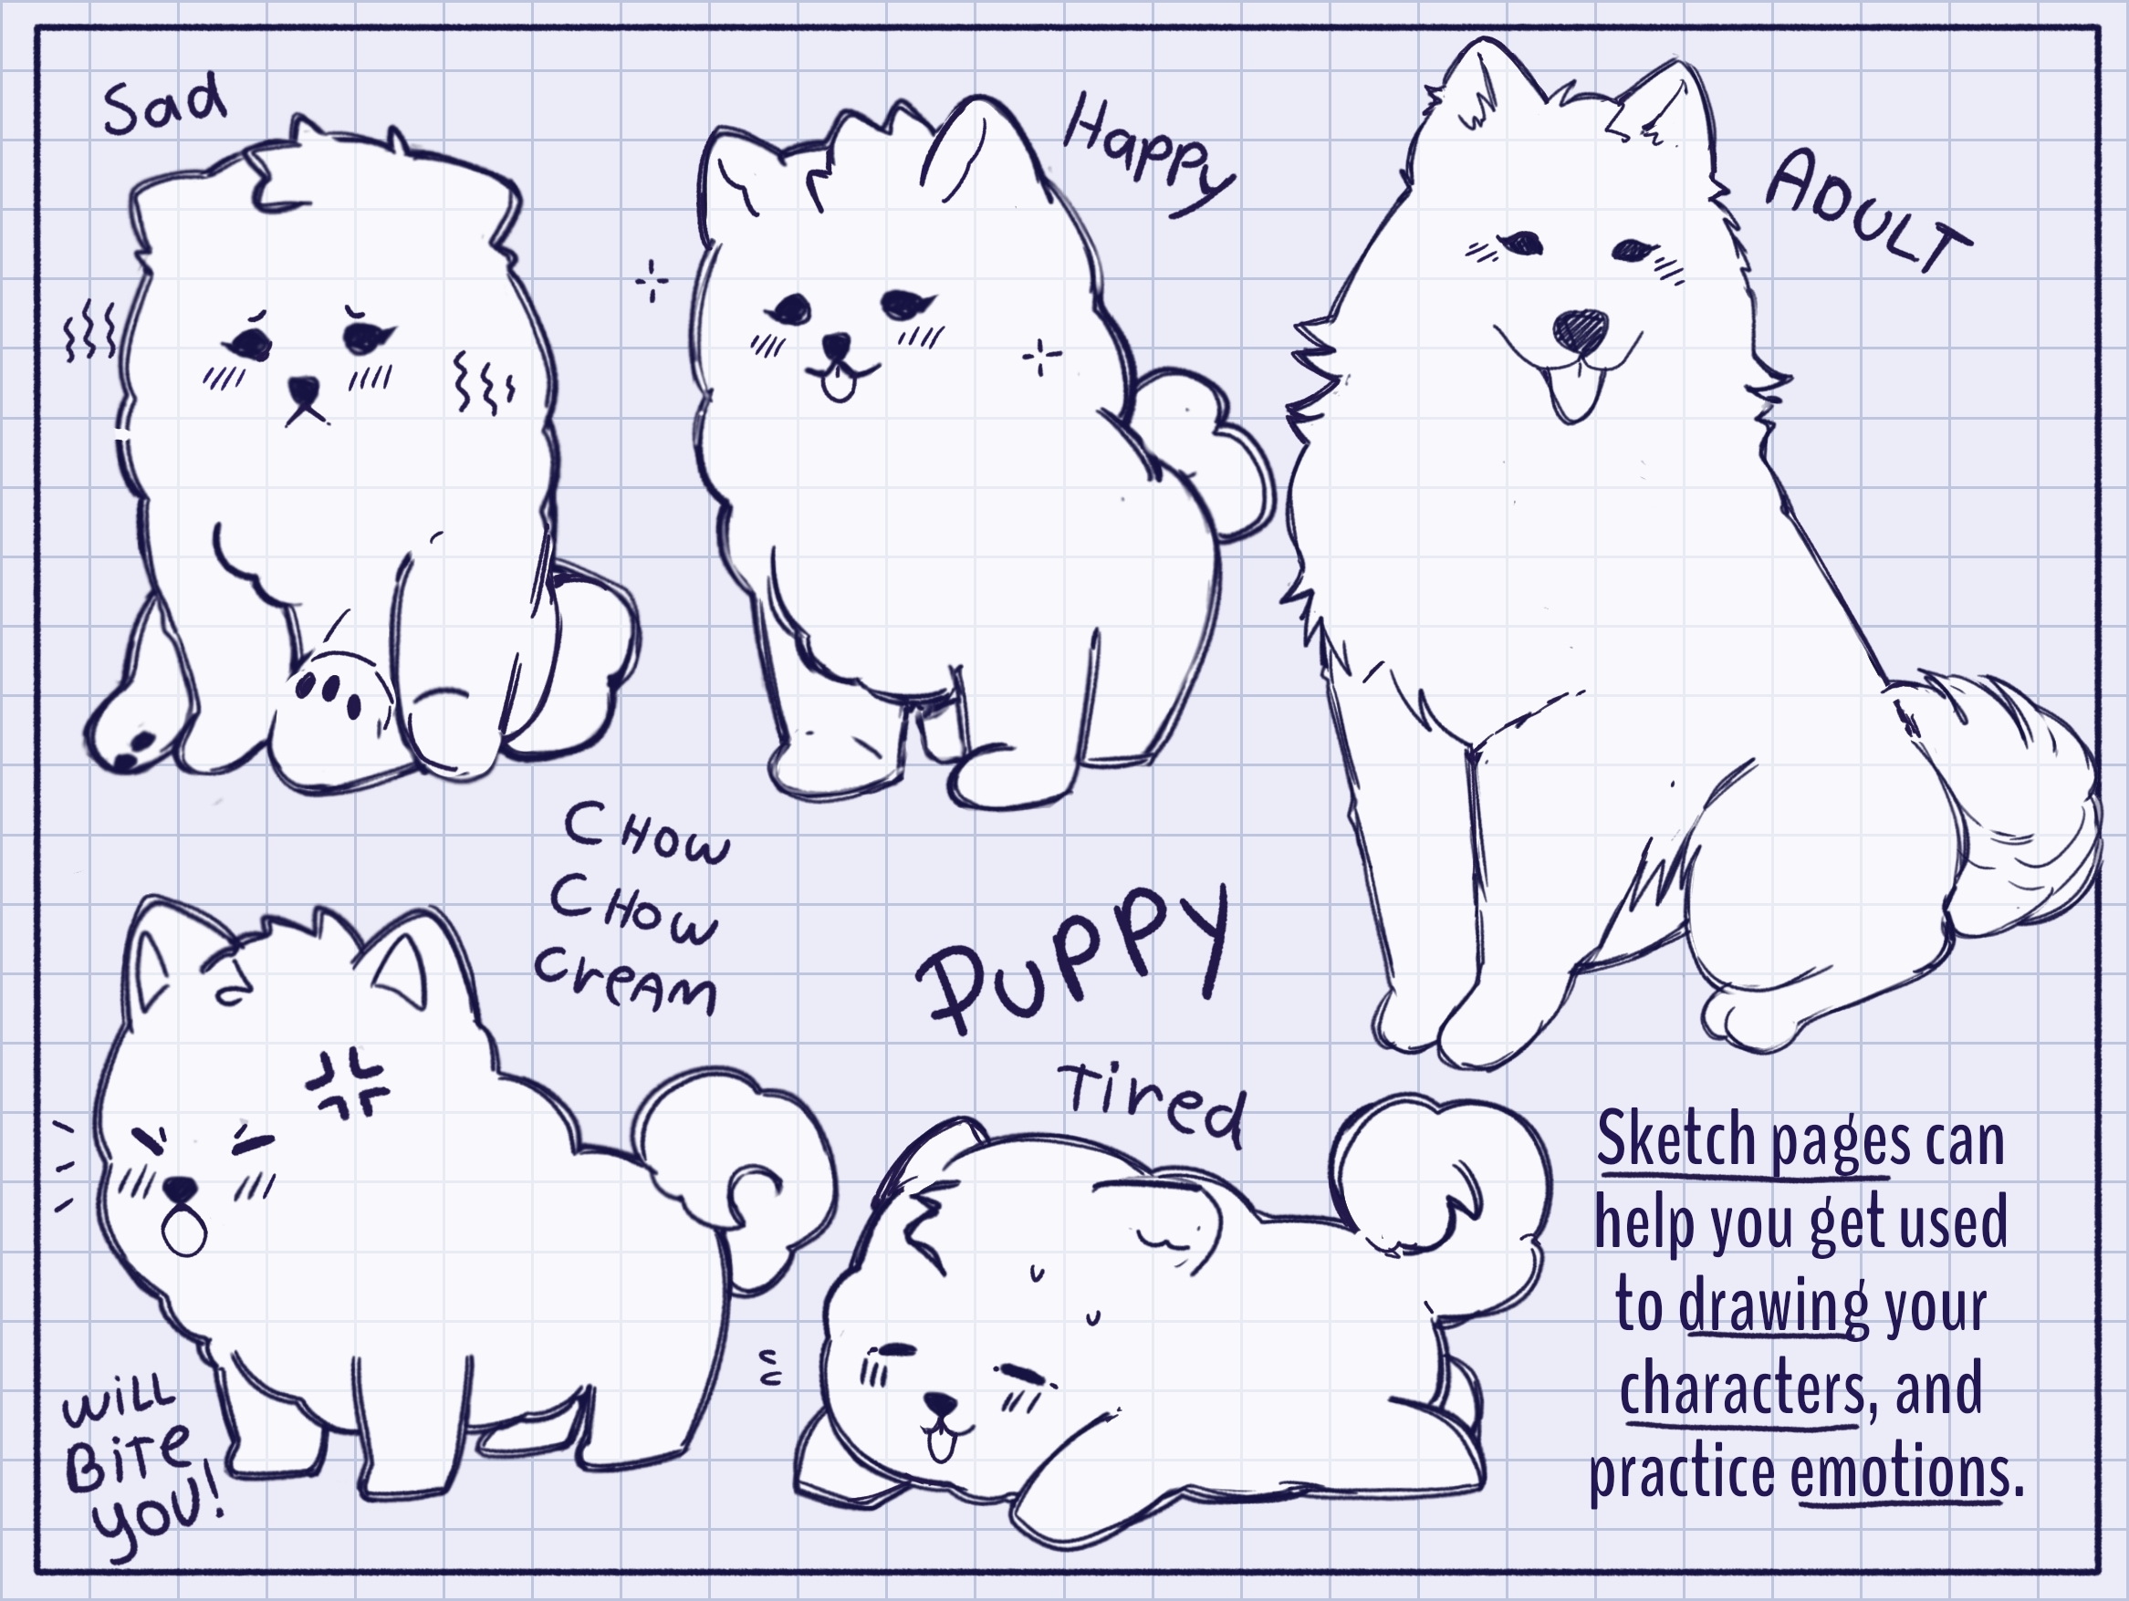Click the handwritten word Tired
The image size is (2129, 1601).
(x=1152, y=1106)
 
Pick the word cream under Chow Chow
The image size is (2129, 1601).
(x=626, y=981)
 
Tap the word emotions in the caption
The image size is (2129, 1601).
(x=1899, y=1473)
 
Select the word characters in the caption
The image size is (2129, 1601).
(x=1742, y=1388)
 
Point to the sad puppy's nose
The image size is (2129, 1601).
(x=304, y=391)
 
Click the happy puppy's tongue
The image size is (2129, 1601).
(x=839, y=385)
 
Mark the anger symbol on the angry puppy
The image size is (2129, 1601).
(x=347, y=1085)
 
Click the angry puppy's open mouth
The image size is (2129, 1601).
(x=183, y=1231)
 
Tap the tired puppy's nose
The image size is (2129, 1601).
(x=940, y=1406)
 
